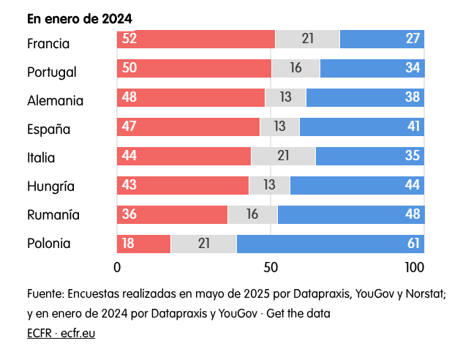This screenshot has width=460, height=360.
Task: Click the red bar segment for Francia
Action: (x=196, y=40)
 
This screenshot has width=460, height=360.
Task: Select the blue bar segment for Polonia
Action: (x=330, y=244)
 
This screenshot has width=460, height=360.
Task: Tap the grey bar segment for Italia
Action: (x=283, y=157)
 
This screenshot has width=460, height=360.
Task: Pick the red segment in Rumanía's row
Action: (x=173, y=214)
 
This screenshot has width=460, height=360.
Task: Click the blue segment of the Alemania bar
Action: (x=365, y=97)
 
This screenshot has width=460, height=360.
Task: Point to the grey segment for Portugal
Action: (x=295, y=68)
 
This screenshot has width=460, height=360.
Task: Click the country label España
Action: (x=48, y=130)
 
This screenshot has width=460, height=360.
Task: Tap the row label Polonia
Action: (x=49, y=244)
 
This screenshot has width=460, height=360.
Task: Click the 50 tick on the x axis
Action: (x=271, y=266)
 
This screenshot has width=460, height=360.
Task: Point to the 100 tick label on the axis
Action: (x=413, y=266)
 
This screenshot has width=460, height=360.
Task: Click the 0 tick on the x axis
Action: (x=117, y=266)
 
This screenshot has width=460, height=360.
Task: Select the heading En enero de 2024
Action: (x=74, y=18)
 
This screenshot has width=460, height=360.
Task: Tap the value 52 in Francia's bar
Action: (x=130, y=40)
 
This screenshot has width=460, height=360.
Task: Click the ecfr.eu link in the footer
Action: (x=78, y=334)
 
